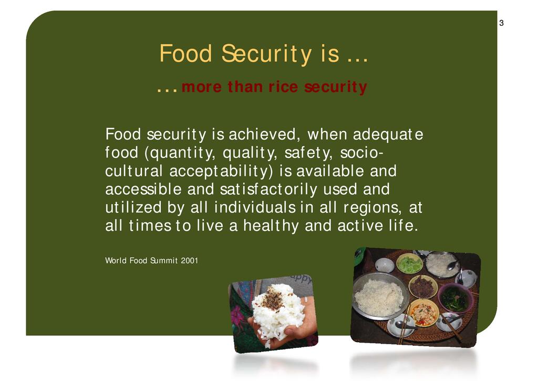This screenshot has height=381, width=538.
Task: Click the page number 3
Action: tap(501, 23)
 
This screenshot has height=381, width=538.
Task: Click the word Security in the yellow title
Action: tap(266, 54)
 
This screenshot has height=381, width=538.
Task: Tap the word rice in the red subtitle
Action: tap(283, 87)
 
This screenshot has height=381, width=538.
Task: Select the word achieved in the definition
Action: tap(262, 134)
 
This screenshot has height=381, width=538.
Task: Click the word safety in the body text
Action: tap(308, 153)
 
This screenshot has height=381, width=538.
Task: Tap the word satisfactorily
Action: tap(268, 189)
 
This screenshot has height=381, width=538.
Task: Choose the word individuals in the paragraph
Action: tap(255, 207)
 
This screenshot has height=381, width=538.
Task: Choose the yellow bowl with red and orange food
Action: tap(424, 313)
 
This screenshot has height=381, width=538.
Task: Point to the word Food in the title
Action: tap(185, 54)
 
